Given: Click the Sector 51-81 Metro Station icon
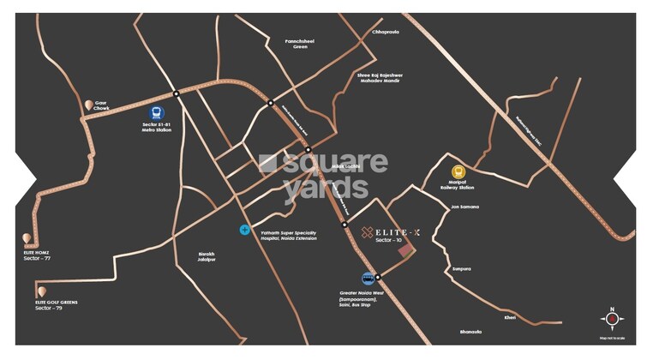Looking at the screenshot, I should pos(157,111).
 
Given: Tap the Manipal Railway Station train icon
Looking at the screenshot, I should pos(459,171).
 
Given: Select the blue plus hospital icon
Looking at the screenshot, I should pos(244,230).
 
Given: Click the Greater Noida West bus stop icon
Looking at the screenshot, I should pos(368,279).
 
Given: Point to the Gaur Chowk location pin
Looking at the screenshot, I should pos(88,105).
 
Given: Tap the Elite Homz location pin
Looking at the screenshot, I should pos(27,238).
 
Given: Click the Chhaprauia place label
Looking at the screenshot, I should pos(386,32).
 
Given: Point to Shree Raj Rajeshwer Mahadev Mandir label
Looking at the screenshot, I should pos(379,78).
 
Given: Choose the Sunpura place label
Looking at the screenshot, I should pos(462,268).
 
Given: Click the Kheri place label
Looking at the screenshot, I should pos(510,317).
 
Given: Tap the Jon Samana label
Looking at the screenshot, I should pos(464,207).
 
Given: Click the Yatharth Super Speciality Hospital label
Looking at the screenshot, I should pos(288,234).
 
